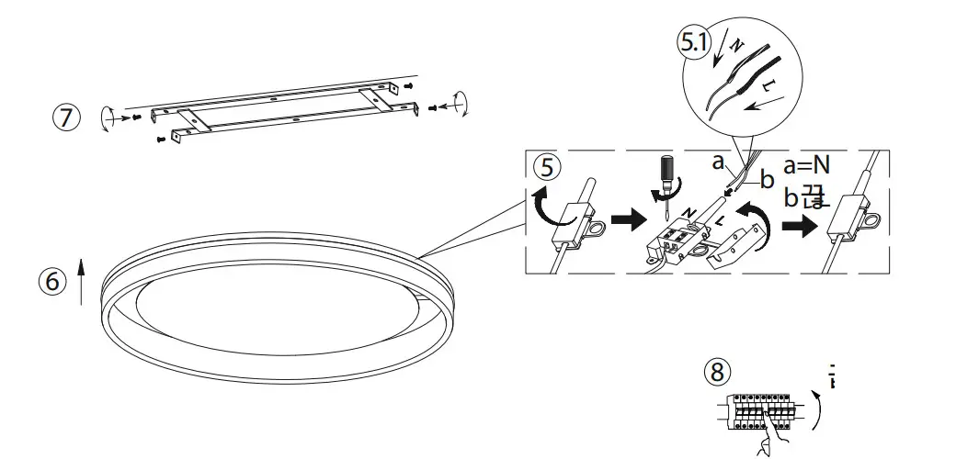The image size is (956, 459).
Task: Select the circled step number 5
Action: [x=548, y=167]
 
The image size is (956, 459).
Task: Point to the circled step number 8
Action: [x=718, y=371]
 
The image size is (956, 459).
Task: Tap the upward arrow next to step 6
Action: [x=81, y=281]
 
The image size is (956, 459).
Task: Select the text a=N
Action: [x=806, y=165]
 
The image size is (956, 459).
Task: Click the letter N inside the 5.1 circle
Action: [x=736, y=43]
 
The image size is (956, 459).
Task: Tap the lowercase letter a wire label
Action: [x=720, y=162]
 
